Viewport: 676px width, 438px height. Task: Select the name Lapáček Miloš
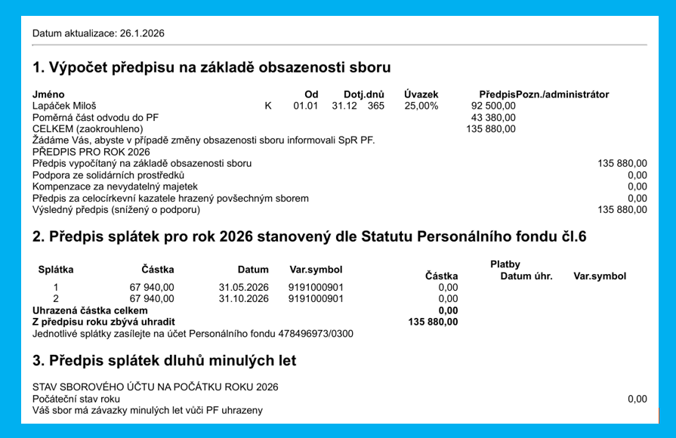point(64,106)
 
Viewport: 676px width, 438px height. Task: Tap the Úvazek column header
point(421,94)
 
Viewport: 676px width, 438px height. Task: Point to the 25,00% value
point(421,106)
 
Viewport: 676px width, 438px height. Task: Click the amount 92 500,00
point(492,106)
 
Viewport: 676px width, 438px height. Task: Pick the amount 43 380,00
point(492,118)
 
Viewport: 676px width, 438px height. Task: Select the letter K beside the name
point(268,106)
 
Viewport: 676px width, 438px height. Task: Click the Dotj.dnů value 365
point(376,106)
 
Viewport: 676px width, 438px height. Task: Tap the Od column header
point(300,94)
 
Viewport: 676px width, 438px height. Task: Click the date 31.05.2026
point(244,287)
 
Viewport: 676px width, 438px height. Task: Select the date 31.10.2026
point(244,298)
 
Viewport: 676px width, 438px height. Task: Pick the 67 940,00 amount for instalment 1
point(152,287)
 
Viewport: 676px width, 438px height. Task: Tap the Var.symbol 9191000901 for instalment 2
point(316,298)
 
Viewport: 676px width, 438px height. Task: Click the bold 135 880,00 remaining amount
point(433,322)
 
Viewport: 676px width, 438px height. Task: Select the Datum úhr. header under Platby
point(526,276)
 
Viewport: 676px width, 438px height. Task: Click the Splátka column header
point(56,270)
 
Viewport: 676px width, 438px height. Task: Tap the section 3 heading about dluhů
point(164,361)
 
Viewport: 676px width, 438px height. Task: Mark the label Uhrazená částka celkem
point(90,310)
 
